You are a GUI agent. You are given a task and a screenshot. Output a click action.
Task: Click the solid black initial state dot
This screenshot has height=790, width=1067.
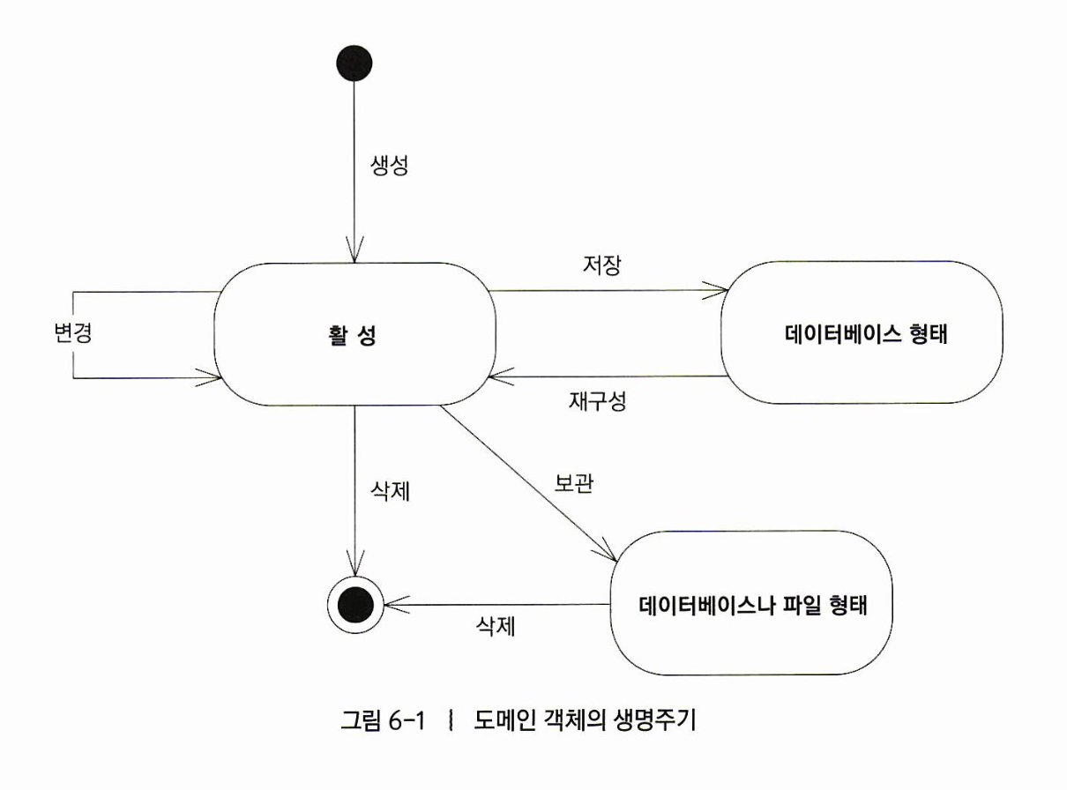pos(354,63)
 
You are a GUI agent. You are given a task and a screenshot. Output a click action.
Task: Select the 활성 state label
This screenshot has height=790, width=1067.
pos(347,337)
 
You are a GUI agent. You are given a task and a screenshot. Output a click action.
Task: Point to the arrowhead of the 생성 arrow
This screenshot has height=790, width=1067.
pos(354,255)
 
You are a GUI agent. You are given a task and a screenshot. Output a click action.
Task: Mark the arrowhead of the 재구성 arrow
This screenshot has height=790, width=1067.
pos(495,377)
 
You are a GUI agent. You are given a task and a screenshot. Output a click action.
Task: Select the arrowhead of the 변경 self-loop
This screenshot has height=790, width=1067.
pos(213,379)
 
